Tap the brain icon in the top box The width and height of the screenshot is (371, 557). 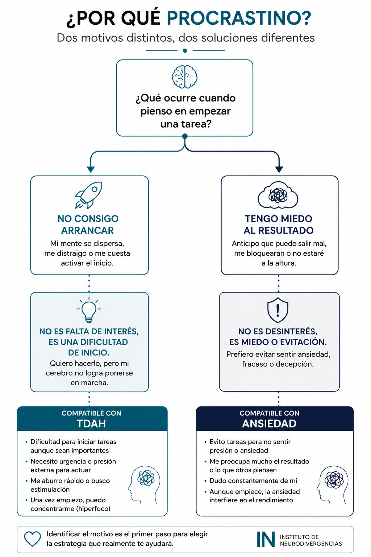(x=185, y=77)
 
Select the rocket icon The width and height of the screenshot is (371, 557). (x=89, y=195)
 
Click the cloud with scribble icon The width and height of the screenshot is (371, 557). (x=278, y=195)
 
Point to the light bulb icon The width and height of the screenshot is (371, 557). (x=89, y=310)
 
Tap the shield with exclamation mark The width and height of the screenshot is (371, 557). (x=278, y=310)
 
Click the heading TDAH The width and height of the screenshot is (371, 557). (x=91, y=424)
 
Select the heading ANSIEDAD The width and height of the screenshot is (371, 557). (x=269, y=424)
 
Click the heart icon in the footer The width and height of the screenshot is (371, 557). (x=33, y=539)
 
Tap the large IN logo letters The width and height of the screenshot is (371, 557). (x=266, y=539)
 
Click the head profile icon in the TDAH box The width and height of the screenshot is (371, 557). (x=144, y=485)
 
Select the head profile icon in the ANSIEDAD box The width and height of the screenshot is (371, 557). (x=333, y=485)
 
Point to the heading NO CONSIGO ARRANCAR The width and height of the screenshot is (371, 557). (x=88, y=224)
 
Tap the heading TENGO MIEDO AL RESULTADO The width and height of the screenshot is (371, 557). (x=279, y=224)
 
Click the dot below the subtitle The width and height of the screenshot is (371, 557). (x=185, y=51)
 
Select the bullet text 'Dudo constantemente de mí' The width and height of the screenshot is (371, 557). (x=253, y=480)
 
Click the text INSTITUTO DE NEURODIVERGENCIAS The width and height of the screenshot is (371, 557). (x=311, y=540)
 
